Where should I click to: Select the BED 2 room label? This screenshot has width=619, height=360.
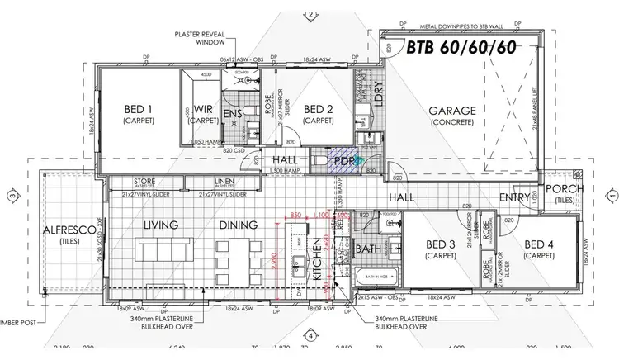(318, 110)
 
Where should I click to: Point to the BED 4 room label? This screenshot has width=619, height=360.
(538, 245)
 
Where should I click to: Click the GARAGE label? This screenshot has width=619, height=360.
(452, 111)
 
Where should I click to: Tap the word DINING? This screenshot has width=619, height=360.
(239, 225)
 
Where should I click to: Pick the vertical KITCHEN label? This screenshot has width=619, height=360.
(317, 260)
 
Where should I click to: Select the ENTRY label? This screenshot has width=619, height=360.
(515, 197)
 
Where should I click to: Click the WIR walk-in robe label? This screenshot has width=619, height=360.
(204, 110)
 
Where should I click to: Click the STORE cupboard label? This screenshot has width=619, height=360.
(143, 182)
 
